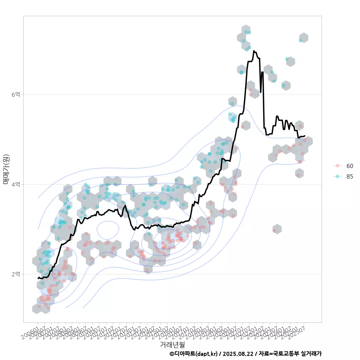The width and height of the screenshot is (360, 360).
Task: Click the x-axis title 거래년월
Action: click(x=172, y=344)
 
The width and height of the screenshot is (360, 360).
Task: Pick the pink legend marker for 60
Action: click(x=337, y=166)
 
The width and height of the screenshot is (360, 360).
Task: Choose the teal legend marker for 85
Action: click(x=337, y=177)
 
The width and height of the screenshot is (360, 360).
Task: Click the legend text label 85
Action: click(x=349, y=177)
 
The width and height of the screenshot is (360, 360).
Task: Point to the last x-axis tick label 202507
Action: click(x=296, y=332)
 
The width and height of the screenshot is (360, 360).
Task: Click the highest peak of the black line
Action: click(x=254, y=51)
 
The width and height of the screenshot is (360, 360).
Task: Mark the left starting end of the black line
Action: click(x=38, y=278)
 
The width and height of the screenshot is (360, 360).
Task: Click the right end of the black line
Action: click(x=304, y=136)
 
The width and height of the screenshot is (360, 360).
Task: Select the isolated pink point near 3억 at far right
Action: click(x=274, y=230)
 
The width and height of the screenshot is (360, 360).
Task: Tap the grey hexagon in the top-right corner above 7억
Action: click(x=303, y=37)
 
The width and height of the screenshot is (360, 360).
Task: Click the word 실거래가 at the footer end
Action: click(x=311, y=354)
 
